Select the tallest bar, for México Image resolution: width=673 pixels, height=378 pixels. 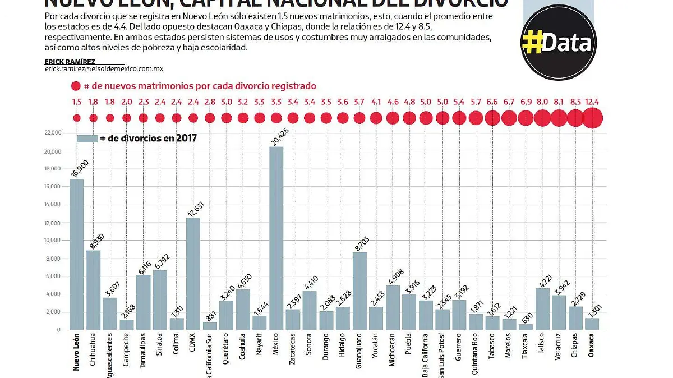pos(276,238)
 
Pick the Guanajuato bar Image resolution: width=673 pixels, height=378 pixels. pos(359,291)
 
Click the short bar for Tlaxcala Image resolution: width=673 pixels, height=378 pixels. pos(526,327)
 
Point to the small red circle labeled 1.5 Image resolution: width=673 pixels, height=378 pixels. pos(77,118)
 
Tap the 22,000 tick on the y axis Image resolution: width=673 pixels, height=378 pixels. pos(53,133)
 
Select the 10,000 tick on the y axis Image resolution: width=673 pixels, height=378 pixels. pos(53,241)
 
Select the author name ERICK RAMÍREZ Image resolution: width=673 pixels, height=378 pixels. pos(70,61)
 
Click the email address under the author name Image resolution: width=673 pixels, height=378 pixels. pos(104,68)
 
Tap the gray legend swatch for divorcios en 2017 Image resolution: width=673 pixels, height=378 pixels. pos(87,139)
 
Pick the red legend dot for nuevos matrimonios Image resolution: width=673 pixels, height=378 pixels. pos(76,86)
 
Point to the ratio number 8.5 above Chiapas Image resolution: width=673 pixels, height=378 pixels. pos(575,102)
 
